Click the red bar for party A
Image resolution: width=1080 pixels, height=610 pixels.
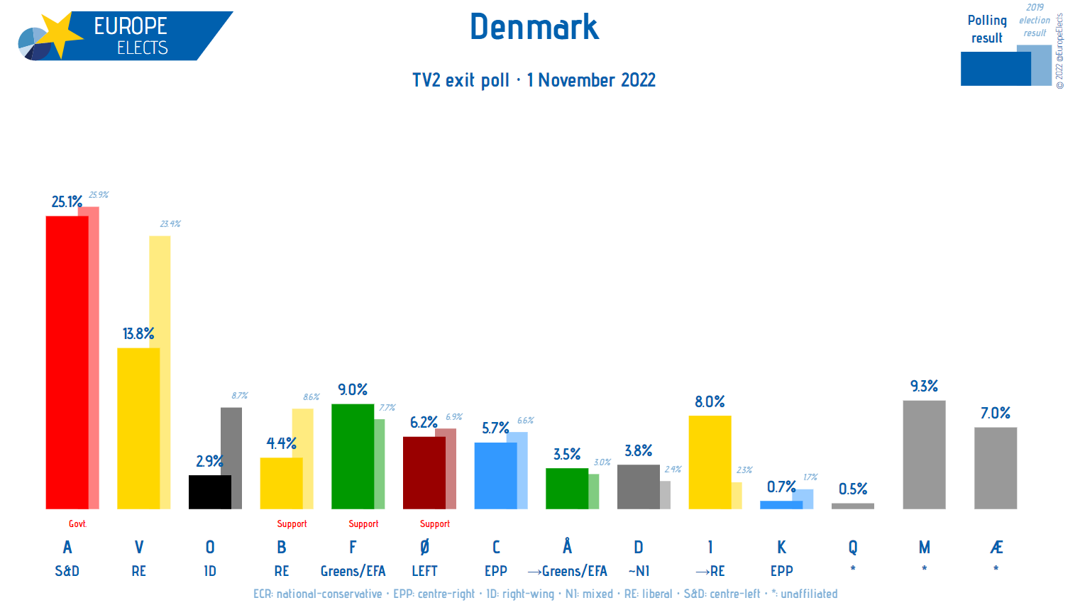(67, 362)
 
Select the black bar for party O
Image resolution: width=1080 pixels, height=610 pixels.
(209, 492)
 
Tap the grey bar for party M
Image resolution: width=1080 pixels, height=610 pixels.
(924, 455)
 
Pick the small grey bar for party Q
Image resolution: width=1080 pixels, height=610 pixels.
(852, 506)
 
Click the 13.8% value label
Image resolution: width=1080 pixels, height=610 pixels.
(138, 333)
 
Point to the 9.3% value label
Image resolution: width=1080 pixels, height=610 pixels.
(924, 386)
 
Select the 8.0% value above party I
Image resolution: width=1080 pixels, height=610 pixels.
(710, 401)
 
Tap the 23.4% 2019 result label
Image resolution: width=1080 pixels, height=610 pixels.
(170, 223)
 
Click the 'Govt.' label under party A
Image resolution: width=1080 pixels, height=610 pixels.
(77, 523)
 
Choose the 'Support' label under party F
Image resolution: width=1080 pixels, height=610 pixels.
(363, 523)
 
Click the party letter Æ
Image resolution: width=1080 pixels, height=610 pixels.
(996, 547)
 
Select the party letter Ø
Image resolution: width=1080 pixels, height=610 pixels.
(424, 547)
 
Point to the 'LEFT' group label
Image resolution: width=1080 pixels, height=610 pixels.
(424, 571)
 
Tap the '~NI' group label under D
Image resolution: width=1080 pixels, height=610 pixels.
(639, 571)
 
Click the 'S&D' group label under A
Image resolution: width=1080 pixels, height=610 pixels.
(67, 571)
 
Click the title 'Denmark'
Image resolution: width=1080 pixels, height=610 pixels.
(534, 27)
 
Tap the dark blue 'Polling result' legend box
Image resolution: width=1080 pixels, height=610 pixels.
(995, 69)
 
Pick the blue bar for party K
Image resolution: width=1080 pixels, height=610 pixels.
(781, 505)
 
